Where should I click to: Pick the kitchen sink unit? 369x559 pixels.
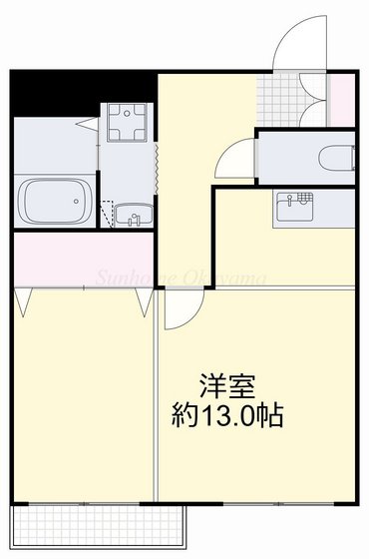tap(295, 206)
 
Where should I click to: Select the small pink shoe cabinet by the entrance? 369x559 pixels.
tap(341, 101)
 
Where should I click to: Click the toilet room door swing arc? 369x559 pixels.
tap(237, 157)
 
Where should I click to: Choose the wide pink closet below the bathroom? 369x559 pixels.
tap(80, 259)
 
